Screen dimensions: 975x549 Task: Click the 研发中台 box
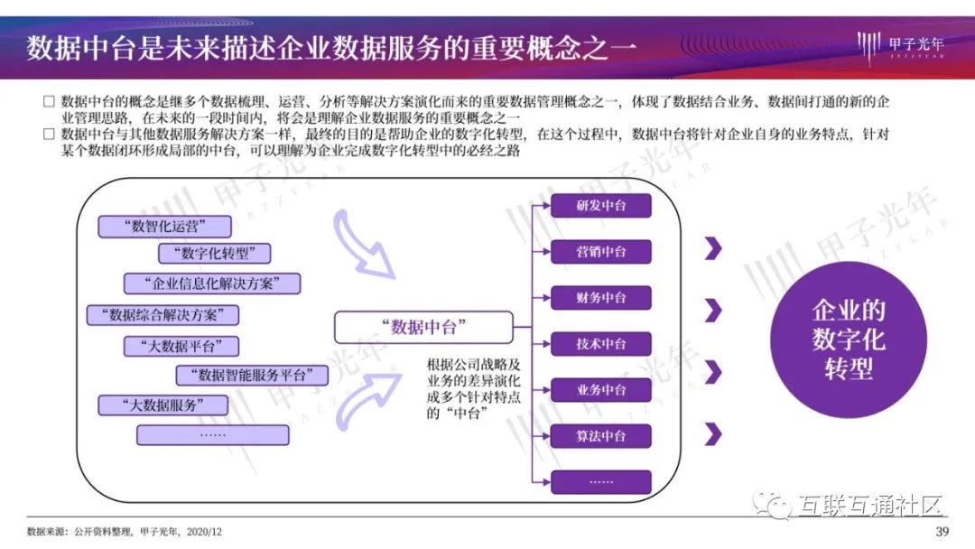click(600, 206)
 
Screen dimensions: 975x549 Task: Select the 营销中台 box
click(600, 252)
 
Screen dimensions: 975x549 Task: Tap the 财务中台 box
click(600, 298)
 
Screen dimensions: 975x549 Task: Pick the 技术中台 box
click(600, 344)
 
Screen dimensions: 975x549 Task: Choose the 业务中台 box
click(600, 390)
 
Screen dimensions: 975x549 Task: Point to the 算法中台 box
click(600, 436)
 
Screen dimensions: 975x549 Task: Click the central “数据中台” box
click(423, 327)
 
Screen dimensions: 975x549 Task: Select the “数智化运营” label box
click(165, 227)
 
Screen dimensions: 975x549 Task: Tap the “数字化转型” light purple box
click(215, 254)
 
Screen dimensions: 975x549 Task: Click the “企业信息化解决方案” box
click(212, 284)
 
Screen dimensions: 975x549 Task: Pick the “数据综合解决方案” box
click(162, 314)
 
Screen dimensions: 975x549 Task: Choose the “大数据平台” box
click(181, 346)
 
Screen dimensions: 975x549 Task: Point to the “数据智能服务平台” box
click(252, 375)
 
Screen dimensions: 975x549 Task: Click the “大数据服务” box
click(162, 405)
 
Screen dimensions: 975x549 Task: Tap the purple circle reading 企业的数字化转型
click(848, 340)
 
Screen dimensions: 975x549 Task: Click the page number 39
click(942, 532)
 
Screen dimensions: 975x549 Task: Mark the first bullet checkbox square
click(49, 101)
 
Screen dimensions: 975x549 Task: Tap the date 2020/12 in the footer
click(204, 532)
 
